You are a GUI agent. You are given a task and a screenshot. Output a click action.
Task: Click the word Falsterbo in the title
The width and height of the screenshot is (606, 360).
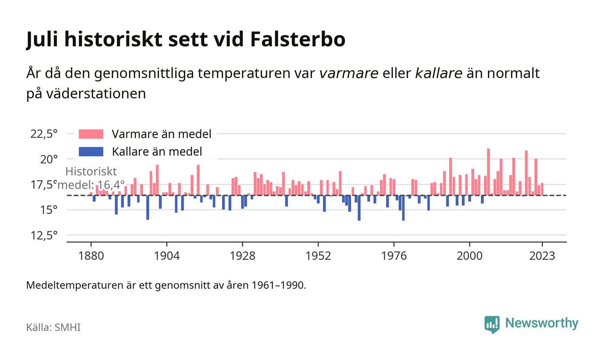coord(298,39)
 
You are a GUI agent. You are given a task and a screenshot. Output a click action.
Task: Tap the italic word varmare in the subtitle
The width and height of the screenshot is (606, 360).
coord(349,73)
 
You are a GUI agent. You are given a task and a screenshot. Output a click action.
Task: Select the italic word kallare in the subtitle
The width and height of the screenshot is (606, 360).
coord(438,73)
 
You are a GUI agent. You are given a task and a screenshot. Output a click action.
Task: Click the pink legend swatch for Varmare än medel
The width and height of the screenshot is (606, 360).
coord(91,134)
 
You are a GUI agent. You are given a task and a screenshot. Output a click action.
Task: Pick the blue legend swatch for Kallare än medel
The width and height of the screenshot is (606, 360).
coord(91,152)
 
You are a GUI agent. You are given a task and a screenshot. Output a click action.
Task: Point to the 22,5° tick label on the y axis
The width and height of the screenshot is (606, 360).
coord(44,134)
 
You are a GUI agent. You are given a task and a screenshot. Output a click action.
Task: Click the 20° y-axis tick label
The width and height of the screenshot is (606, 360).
coord(49,159)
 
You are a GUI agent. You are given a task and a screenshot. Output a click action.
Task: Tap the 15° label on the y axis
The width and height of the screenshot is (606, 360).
coord(49,210)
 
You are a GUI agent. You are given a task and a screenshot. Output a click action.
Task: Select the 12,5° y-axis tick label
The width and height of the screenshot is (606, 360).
coord(44,236)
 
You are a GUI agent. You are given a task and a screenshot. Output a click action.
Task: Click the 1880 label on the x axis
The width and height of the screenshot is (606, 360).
coord(91,256)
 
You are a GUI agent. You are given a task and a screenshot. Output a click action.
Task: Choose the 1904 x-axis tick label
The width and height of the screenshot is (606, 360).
coord(167,256)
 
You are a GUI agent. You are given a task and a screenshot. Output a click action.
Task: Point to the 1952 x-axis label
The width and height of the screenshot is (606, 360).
coord(318,256)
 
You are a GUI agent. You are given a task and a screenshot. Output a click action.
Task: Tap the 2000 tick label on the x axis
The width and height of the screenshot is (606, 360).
coord(470,256)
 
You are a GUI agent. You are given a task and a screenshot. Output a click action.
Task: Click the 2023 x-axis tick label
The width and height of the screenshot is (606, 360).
coord(542,256)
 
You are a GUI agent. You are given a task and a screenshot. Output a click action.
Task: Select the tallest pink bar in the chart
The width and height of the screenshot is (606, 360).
coord(488,172)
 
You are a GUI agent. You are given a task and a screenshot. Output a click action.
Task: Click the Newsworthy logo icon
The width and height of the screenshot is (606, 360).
coord(492,324)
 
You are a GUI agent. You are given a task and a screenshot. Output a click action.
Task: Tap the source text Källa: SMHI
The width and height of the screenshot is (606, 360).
coord(53,327)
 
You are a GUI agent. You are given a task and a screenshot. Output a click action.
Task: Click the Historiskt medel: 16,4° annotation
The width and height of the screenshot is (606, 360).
coord(91,178)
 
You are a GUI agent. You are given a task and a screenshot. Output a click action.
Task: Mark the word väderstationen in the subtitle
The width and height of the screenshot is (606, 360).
coord(96,94)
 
